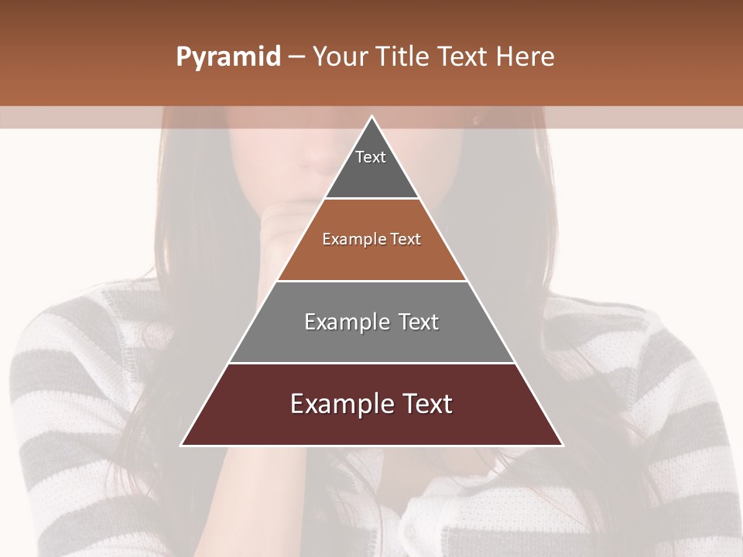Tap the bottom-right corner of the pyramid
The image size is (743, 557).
[x=562, y=445]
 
